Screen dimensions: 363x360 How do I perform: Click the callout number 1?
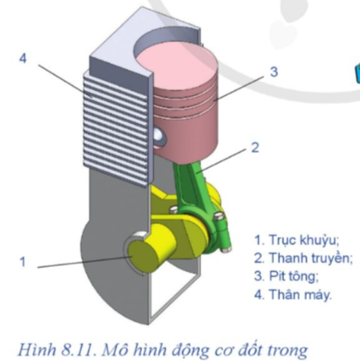[23, 262]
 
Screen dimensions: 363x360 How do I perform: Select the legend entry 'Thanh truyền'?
[302, 258]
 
